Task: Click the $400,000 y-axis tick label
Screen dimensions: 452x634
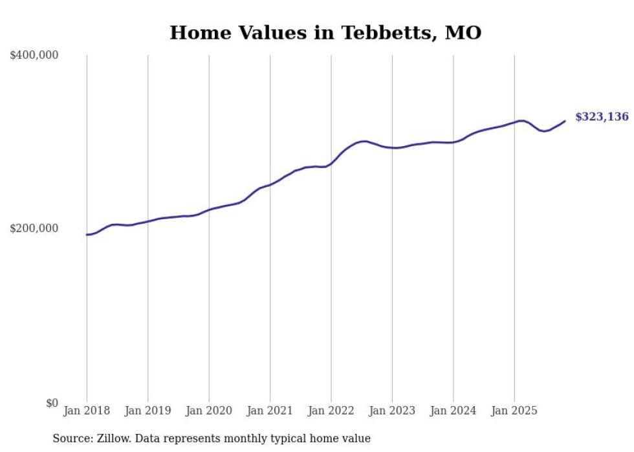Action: pos(34,56)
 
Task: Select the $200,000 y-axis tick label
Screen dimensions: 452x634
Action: pos(34,229)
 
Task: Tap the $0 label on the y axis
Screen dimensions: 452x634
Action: pos(52,403)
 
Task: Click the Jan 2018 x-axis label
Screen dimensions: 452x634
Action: pos(87,411)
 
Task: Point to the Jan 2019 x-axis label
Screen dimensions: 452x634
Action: pos(148,411)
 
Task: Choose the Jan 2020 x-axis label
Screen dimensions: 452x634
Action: pos(209,411)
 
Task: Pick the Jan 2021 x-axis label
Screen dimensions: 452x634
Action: pos(270,411)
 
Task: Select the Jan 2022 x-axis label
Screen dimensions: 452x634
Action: pos(331,411)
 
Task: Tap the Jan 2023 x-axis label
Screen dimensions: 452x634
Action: pos(392,411)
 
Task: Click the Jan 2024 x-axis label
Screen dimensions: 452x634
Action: pos(454,411)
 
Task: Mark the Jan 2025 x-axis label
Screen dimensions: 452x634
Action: pos(514,411)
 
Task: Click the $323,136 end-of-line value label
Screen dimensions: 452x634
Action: pos(602,117)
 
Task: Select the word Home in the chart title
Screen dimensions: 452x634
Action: pos(195,33)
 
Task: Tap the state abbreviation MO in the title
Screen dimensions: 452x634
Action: pos(463,33)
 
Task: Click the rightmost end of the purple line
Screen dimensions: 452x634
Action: pos(565,121)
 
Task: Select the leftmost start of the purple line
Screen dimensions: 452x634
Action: pos(87,235)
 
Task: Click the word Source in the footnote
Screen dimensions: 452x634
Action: pos(71,439)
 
